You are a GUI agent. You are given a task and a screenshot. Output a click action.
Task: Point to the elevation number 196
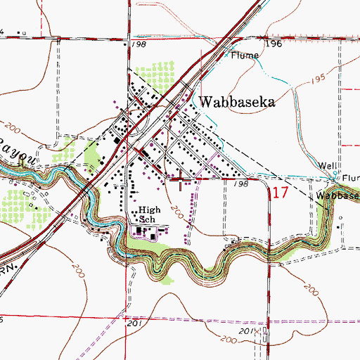274,44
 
